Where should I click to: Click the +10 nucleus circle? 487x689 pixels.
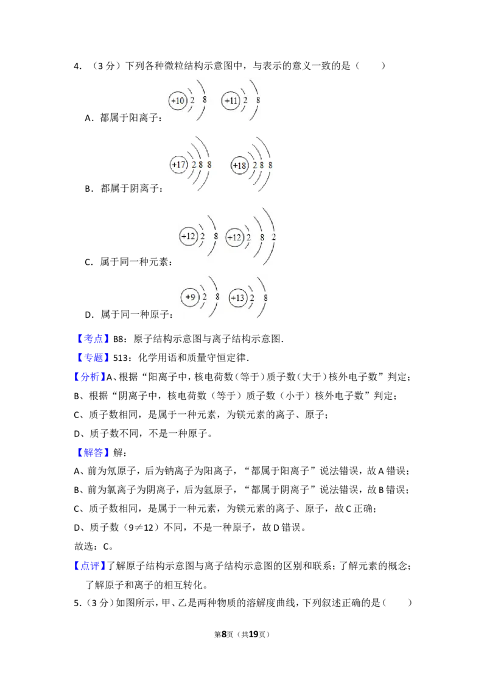[177, 100]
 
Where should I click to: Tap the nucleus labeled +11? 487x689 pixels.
[230, 100]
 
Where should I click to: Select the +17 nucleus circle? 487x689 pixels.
[178, 164]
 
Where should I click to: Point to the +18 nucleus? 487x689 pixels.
[240, 165]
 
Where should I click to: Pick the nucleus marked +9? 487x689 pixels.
[190, 297]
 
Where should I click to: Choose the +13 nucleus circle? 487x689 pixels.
[238, 298]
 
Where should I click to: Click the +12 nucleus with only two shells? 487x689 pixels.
[189, 236]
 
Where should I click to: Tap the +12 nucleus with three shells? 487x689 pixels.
[234, 237]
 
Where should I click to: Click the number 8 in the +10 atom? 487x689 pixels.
[204, 99]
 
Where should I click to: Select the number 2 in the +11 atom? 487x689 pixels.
[245, 100]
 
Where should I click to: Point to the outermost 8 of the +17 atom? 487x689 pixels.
[209, 164]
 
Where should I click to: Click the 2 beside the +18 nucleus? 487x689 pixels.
[254, 165]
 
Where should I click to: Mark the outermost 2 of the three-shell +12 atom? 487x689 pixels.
[273, 236]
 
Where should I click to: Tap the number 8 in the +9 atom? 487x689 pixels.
[217, 296]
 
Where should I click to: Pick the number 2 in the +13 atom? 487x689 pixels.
[252, 298]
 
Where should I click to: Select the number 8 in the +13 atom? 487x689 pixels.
[265, 297]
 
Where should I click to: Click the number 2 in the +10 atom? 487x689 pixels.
[192, 100]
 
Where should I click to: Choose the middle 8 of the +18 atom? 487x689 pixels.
[262, 165]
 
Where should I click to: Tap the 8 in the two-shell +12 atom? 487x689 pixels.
[215, 235]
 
